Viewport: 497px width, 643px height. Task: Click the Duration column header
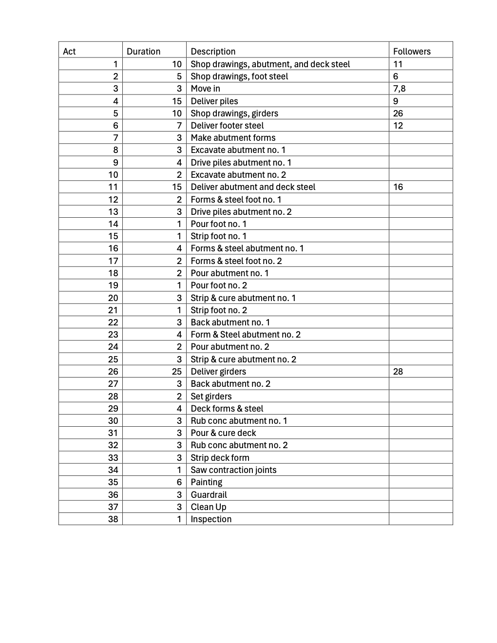(x=143, y=52)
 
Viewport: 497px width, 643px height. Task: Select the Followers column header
(x=412, y=52)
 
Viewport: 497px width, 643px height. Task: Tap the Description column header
(x=213, y=52)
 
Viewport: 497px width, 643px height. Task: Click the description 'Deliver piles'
(x=214, y=101)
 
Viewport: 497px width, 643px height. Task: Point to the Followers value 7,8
(x=399, y=89)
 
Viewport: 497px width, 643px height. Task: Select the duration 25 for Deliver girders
(x=176, y=372)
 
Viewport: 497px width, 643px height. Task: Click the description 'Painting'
(x=207, y=482)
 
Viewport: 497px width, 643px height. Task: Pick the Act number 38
(x=113, y=519)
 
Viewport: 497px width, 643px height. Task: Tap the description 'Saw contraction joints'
(x=233, y=470)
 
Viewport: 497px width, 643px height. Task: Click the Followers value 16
(x=398, y=187)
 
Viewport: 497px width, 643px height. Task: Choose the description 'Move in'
(x=205, y=89)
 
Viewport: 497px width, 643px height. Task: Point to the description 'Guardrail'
(x=209, y=495)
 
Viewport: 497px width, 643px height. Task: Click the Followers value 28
(x=398, y=372)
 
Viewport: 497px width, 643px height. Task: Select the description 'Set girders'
(x=211, y=397)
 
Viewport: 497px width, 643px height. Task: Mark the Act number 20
(x=113, y=298)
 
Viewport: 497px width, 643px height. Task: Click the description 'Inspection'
(x=211, y=519)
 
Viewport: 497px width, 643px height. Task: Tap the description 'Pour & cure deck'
(x=223, y=433)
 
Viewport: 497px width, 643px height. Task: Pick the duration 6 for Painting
(x=179, y=482)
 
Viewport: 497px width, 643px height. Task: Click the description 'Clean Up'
(x=208, y=507)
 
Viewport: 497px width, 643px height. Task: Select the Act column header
(x=69, y=52)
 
